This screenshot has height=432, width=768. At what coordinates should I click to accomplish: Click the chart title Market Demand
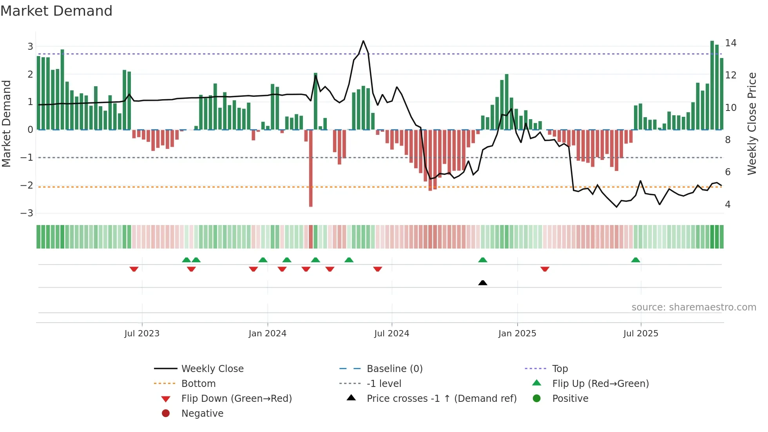pyautogui.click(x=56, y=11)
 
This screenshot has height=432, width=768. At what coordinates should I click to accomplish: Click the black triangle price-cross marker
pyautogui.click(x=483, y=283)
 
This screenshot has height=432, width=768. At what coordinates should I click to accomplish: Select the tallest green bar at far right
pyautogui.click(x=712, y=84)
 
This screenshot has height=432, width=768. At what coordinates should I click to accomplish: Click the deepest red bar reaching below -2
pyautogui.click(x=311, y=169)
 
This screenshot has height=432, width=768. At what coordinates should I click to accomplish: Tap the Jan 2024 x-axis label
pyautogui.click(x=267, y=334)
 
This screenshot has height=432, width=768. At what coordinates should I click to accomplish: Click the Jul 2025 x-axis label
pyautogui.click(x=641, y=334)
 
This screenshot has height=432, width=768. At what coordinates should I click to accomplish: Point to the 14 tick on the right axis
pyautogui.click(x=730, y=43)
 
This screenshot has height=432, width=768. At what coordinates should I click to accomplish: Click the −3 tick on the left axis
pyautogui.click(x=27, y=213)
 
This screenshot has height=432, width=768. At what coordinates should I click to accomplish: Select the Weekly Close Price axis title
pyautogui.click(x=752, y=123)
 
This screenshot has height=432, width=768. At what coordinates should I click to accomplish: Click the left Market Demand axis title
pyautogui.click(x=6, y=123)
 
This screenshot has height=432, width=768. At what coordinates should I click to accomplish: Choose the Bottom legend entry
pyautogui.click(x=198, y=383)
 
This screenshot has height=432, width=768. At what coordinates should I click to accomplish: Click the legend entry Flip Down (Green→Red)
pyautogui.click(x=236, y=398)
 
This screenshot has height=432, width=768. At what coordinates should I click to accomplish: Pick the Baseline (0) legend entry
pyautogui.click(x=394, y=368)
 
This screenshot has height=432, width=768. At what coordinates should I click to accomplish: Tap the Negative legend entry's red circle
pyautogui.click(x=166, y=413)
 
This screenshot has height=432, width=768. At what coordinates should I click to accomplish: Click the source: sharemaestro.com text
pyautogui.click(x=694, y=307)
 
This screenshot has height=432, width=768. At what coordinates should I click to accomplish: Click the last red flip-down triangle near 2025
pyautogui.click(x=545, y=269)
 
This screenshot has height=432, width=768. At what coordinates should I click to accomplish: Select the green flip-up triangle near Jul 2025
pyautogui.click(x=636, y=260)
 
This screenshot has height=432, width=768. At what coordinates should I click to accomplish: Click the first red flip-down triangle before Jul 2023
pyautogui.click(x=134, y=269)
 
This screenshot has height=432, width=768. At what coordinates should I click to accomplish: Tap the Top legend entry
pyautogui.click(x=560, y=368)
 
